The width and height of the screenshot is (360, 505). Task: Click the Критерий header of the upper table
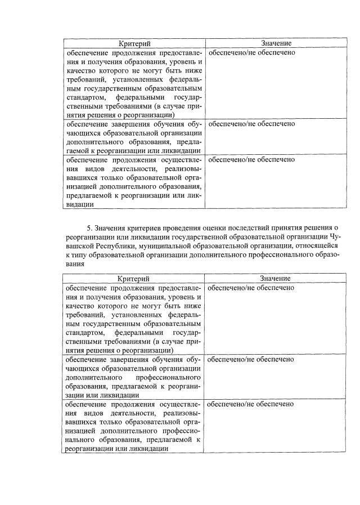134,43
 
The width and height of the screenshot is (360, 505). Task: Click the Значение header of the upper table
276,43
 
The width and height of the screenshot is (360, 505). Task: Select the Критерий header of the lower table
134,279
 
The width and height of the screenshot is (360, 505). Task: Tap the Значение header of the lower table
276,279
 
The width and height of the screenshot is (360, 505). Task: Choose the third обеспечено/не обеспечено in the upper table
251,160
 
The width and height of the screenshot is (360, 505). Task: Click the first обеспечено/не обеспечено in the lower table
251,288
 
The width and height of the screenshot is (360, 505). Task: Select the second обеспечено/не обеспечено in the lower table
251,359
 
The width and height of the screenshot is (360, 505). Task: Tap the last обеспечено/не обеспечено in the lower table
251,404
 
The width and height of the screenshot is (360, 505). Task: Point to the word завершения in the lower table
129,359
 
